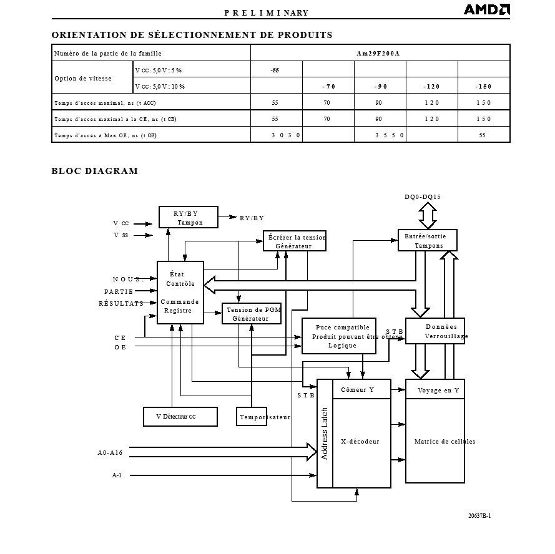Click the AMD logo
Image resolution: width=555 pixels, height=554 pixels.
click(x=486, y=9)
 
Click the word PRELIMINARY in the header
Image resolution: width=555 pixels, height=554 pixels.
click(x=267, y=13)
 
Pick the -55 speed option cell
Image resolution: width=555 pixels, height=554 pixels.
click(x=275, y=70)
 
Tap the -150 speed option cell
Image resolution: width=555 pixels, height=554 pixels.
click(x=483, y=86)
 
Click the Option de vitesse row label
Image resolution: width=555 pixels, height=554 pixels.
click(x=83, y=79)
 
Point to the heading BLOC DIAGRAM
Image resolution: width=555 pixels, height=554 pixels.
click(x=94, y=171)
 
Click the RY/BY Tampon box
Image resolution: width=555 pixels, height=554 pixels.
click(x=188, y=218)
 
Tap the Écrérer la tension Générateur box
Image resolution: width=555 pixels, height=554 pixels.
click(x=296, y=241)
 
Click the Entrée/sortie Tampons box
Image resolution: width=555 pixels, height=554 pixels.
click(x=428, y=241)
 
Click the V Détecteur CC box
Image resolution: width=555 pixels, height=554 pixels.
click(x=180, y=417)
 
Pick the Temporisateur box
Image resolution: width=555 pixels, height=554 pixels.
click(x=252, y=417)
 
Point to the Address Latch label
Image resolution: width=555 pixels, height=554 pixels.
click(x=325, y=434)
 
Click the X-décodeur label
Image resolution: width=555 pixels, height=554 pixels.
click(x=360, y=442)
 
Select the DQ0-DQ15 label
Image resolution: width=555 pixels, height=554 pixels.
click(x=423, y=197)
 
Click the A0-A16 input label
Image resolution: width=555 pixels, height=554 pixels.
click(x=110, y=454)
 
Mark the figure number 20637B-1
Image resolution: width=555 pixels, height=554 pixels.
click(x=479, y=516)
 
